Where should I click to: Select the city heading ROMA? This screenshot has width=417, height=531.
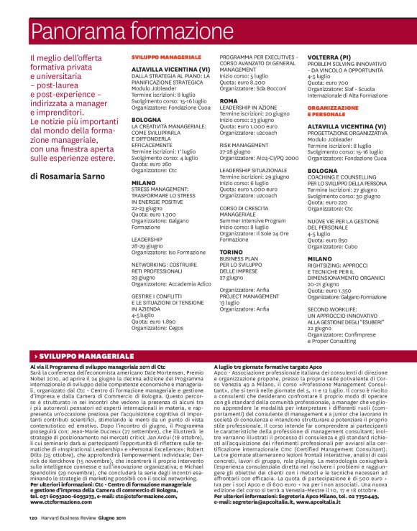pos(228,102)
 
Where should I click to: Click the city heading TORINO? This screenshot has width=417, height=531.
pos(232,253)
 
